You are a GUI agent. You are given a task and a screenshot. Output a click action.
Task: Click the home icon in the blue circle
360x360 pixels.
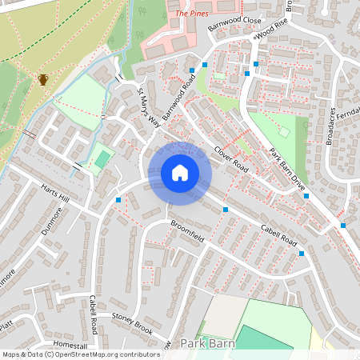180,173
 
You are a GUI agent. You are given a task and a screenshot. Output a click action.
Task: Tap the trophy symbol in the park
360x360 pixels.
42,79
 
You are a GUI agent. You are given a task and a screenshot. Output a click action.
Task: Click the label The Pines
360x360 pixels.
192,14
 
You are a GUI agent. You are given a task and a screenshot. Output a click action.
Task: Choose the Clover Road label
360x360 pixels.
230,161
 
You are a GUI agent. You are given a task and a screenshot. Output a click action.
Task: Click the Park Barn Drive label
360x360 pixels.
287,168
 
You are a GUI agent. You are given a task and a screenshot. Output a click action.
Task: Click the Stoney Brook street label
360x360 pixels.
132,323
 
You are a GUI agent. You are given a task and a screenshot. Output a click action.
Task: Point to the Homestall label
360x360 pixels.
70,345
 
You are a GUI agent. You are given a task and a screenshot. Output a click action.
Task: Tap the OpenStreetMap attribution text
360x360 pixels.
80,354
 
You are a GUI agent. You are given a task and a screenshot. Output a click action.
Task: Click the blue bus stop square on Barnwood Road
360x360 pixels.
205,64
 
